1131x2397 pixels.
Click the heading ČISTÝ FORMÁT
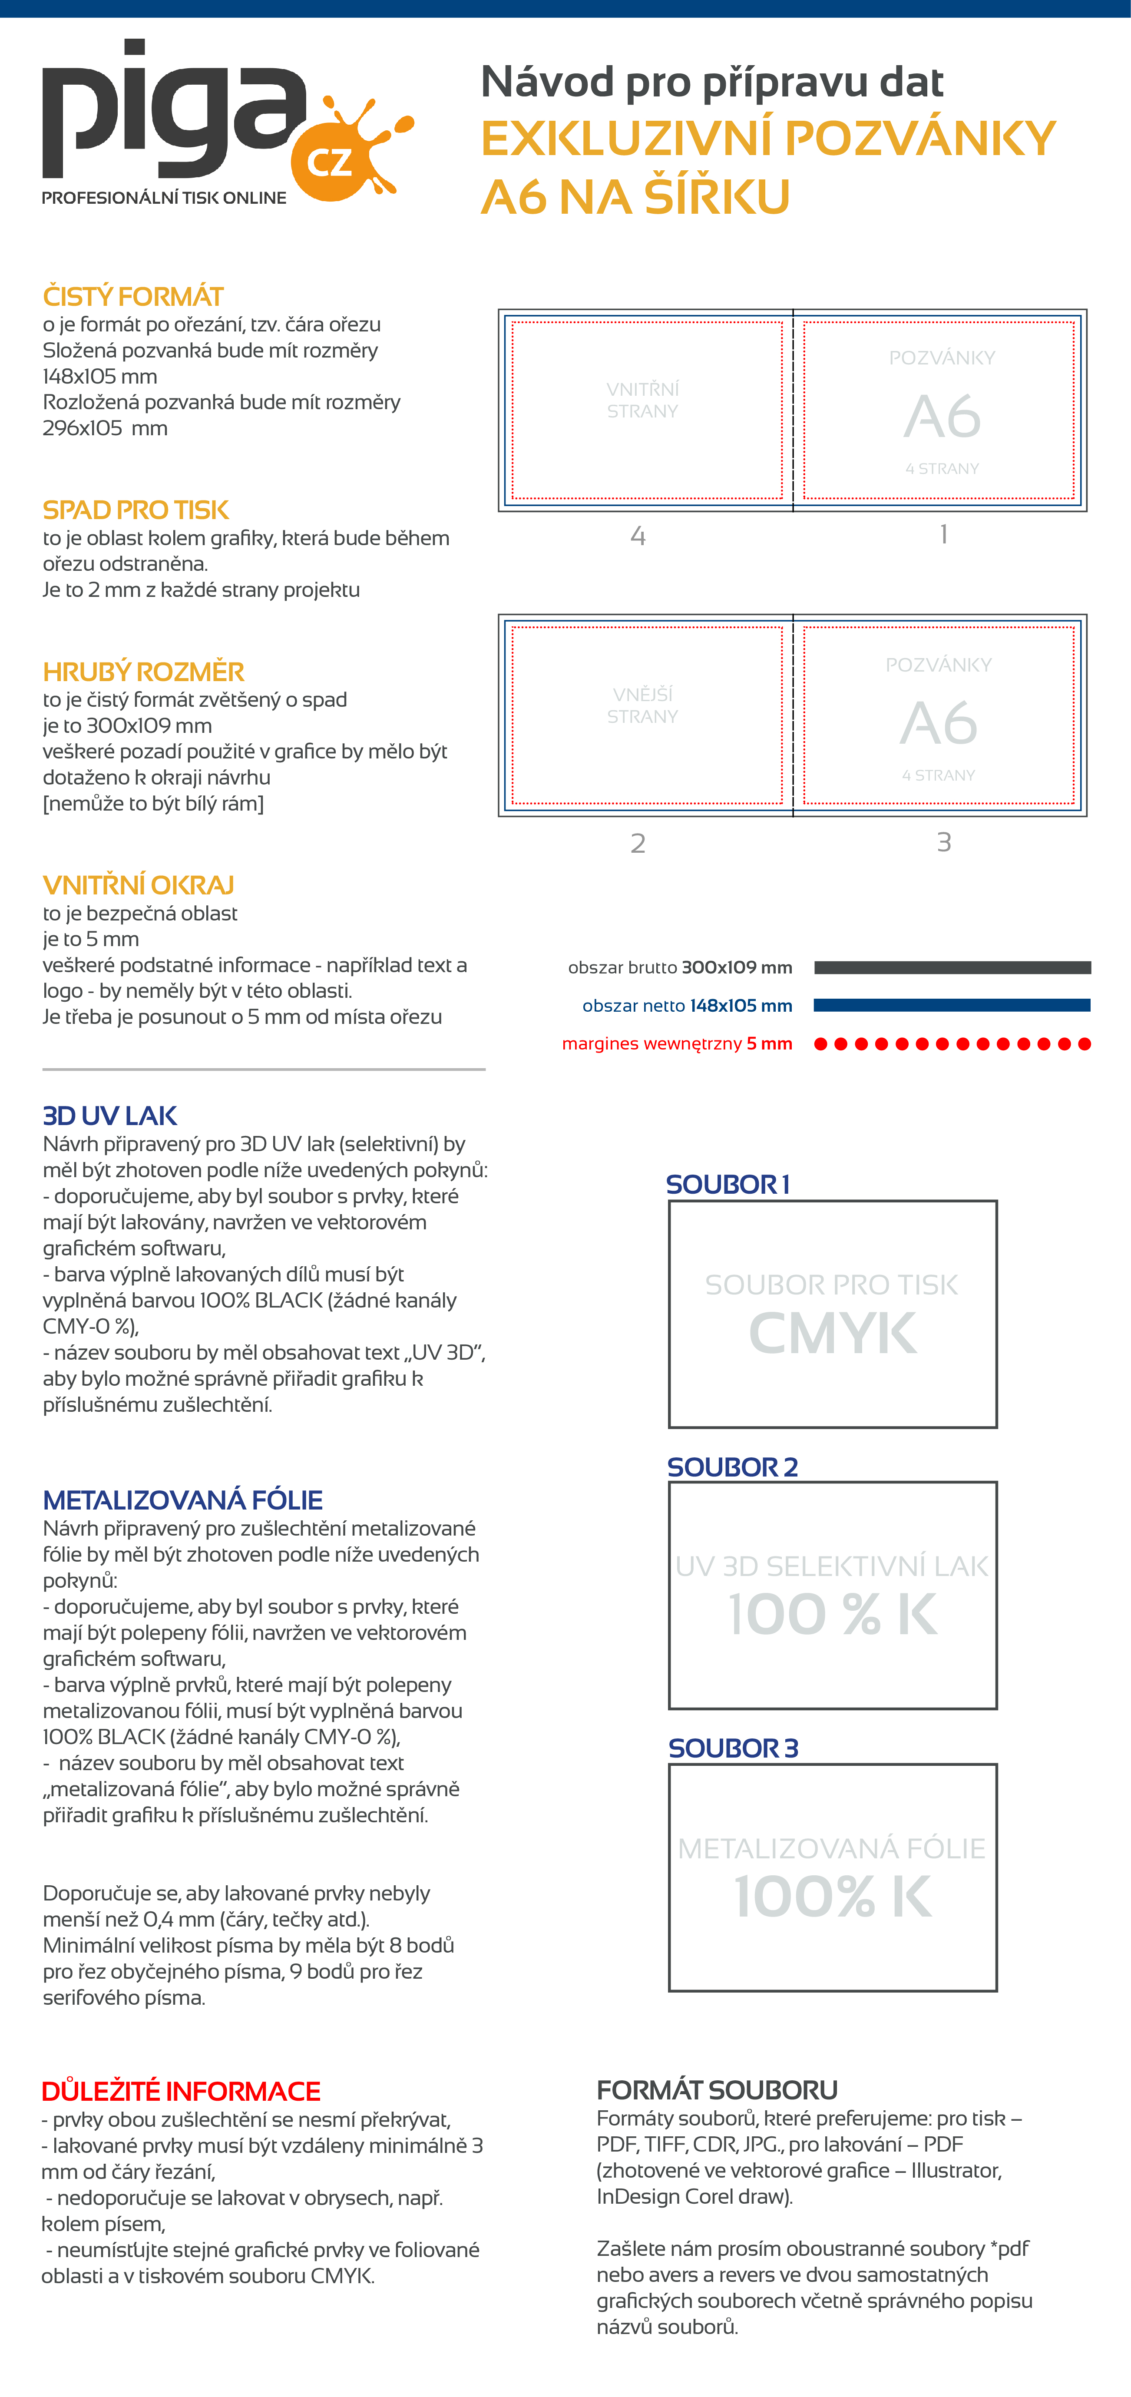click(x=133, y=297)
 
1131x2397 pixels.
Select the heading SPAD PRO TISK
click(x=136, y=510)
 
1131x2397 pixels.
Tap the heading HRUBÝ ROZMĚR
click(x=143, y=672)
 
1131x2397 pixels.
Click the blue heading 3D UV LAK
click(x=110, y=1116)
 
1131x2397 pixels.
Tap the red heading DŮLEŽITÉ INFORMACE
click(x=180, y=2091)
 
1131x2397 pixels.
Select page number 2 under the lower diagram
click(x=638, y=843)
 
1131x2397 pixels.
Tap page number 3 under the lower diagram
click(x=944, y=842)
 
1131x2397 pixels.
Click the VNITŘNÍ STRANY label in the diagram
click(x=643, y=400)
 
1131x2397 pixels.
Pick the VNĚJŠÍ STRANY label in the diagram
click(x=643, y=705)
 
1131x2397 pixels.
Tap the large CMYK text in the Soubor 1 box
click(x=833, y=1334)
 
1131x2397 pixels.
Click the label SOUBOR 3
click(x=733, y=1748)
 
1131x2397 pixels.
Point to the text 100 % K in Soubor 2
click(x=833, y=1615)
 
